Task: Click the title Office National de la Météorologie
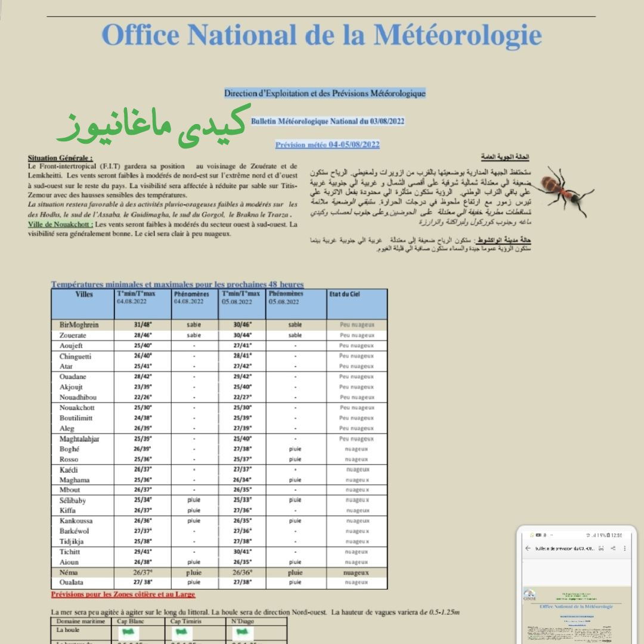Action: coord(322,35)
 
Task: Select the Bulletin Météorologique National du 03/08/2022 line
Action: coord(328,121)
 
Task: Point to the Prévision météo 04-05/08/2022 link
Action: coord(327,144)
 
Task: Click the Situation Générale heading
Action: coord(60,158)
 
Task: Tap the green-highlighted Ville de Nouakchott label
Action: coord(60,224)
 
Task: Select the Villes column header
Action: coord(84,295)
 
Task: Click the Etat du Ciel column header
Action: coord(345,295)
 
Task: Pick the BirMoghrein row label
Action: coord(79,325)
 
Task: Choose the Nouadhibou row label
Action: coord(78,397)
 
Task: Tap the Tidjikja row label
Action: coord(72,541)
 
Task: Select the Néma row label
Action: coord(70,572)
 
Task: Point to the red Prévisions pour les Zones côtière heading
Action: coord(123,595)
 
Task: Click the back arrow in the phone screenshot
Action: coord(528,548)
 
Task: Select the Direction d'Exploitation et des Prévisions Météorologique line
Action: coord(325,93)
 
